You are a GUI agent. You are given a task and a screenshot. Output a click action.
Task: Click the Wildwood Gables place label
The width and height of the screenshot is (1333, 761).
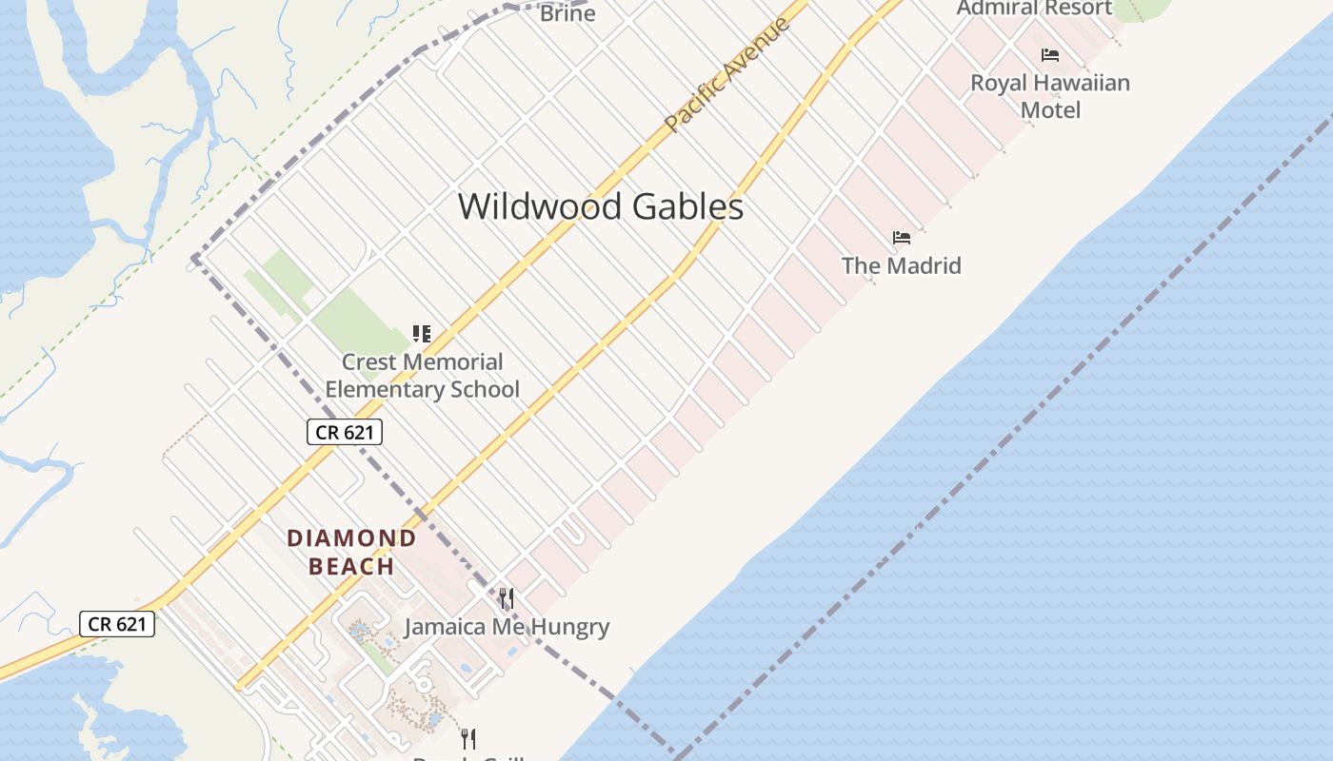pyautogui.click(x=600, y=206)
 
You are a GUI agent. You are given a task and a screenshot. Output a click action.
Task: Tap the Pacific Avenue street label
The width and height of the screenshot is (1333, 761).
pyautogui.click(x=727, y=73)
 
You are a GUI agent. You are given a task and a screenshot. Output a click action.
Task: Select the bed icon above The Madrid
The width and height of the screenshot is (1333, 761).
pyautogui.click(x=902, y=237)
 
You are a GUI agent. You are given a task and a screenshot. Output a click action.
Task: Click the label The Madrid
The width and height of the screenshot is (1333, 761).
pyautogui.click(x=901, y=265)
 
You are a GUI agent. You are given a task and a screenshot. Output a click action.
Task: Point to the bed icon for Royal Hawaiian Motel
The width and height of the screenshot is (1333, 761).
pyautogui.click(x=1050, y=55)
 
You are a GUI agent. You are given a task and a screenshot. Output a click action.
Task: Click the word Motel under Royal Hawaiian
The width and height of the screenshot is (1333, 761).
pyautogui.click(x=1050, y=110)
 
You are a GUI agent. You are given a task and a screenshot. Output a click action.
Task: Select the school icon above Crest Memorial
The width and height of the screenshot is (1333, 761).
pyautogui.click(x=422, y=334)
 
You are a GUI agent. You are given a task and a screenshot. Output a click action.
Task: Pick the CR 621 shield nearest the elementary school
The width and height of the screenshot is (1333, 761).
pyautogui.click(x=345, y=432)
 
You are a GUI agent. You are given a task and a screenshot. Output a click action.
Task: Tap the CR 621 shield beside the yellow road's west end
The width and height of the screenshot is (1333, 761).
pyautogui.click(x=117, y=624)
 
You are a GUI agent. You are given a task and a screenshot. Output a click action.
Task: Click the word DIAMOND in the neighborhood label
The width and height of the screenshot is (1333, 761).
pyautogui.click(x=352, y=538)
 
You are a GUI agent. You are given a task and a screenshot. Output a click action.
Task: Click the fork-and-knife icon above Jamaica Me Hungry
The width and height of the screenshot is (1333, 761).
pyautogui.click(x=507, y=598)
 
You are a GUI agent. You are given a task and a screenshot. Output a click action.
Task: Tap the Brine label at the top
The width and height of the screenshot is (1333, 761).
pyautogui.click(x=567, y=13)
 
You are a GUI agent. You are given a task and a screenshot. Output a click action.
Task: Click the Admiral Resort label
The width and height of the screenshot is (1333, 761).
pyautogui.click(x=1034, y=9)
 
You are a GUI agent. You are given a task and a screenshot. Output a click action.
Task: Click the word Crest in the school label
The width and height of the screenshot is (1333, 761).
pyautogui.click(x=368, y=361)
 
